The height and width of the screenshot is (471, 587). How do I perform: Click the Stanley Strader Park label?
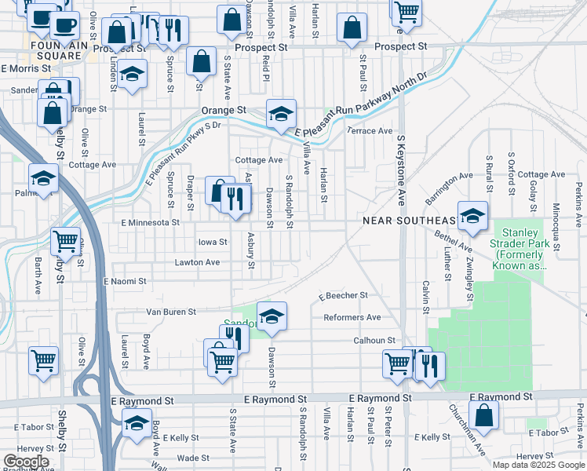pyautogui.click(x=520, y=249)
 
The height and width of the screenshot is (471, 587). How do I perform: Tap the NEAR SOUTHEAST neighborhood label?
pyautogui.click(x=409, y=221)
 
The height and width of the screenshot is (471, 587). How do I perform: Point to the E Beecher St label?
pyautogui.click(x=343, y=295)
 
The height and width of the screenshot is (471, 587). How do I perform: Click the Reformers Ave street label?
pyautogui.click(x=352, y=317)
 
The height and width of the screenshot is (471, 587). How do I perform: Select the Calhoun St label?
pyautogui.click(x=374, y=340)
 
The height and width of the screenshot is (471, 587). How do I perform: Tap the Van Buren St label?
pyautogui.click(x=170, y=312)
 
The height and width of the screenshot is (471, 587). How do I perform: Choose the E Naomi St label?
pyautogui.click(x=119, y=280)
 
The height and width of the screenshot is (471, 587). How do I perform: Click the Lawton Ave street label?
pyautogui.click(x=197, y=262)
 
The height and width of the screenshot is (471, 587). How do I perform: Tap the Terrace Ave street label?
pyautogui.click(x=369, y=130)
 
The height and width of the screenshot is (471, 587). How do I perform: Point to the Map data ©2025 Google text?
pyautogui.click(x=538, y=465)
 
